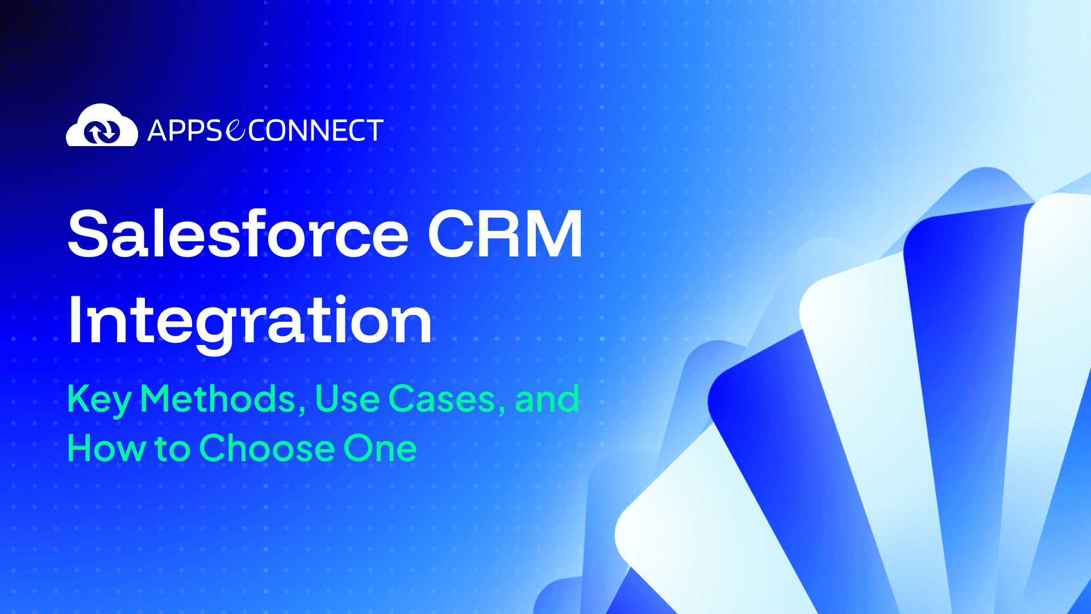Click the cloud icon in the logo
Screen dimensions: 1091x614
pos(102,126)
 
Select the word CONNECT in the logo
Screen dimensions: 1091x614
pos(315,131)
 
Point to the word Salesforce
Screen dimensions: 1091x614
pos(238,234)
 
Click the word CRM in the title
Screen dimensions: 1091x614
pos(505,234)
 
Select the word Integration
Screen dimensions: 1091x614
pos(250,322)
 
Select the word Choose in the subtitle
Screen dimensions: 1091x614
pos(267,449)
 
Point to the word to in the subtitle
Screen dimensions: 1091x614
pos(172,449)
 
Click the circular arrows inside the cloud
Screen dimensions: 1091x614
pos(102,132)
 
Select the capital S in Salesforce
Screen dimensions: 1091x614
pos(89,234)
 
